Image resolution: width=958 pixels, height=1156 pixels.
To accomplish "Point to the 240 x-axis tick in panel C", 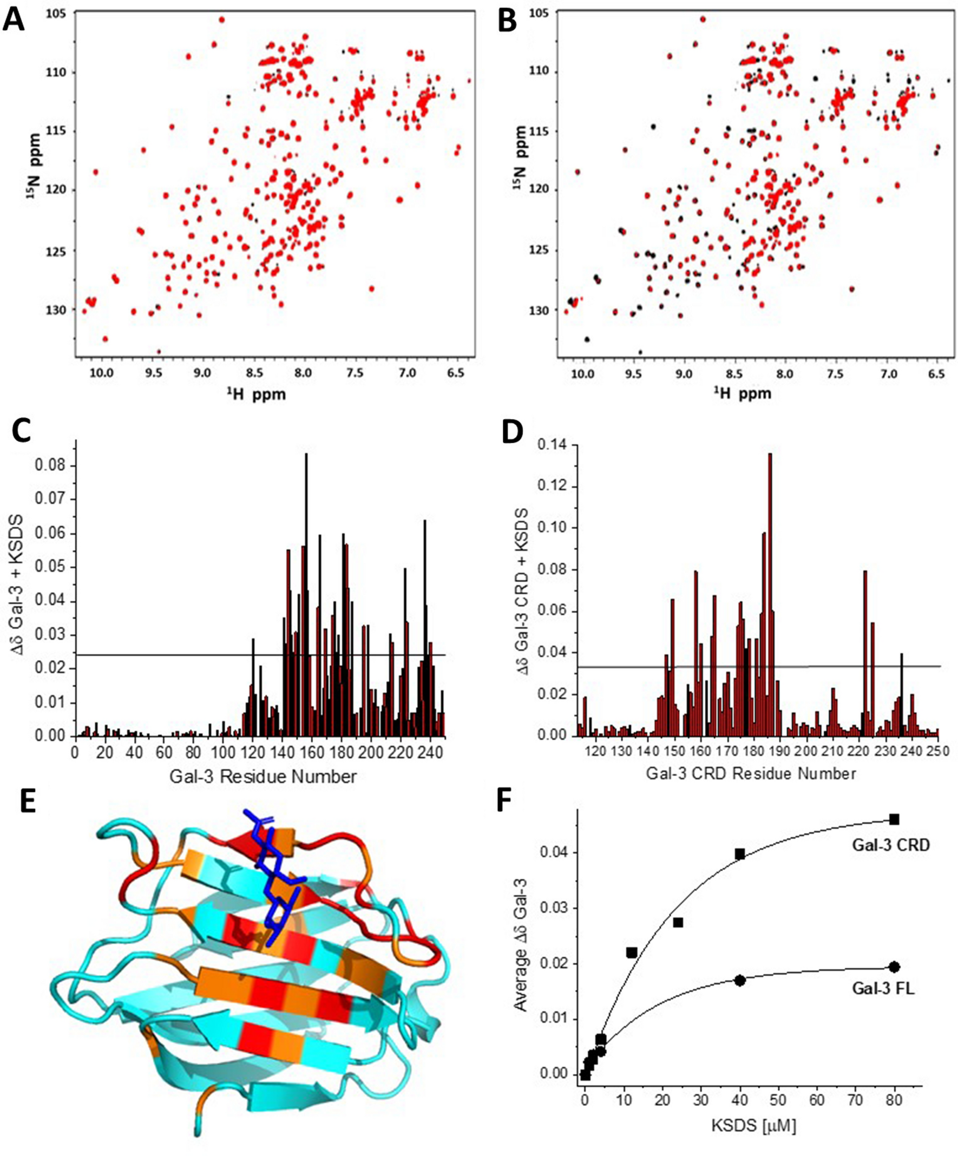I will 429,752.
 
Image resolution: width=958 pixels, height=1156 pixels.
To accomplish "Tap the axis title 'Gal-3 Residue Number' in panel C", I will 263,777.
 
